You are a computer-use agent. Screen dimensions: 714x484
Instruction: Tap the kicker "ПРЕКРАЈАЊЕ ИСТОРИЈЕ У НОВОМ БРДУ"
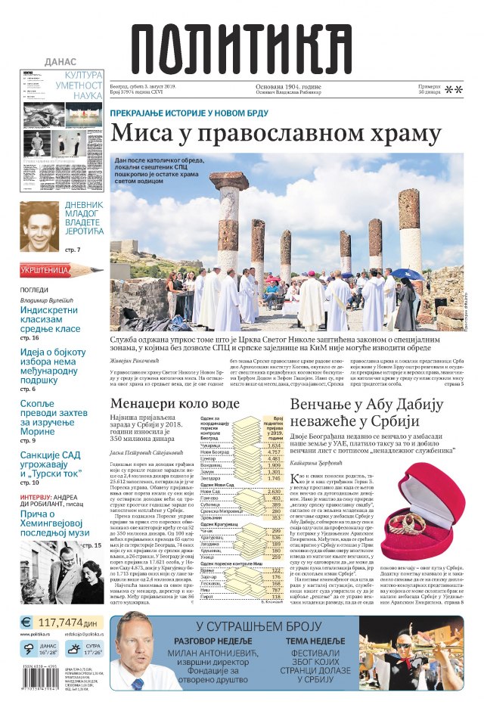pyautogui.click(x=201, y=112)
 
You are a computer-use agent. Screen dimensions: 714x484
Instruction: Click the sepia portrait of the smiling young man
pyautogui.click(x=39, y=227)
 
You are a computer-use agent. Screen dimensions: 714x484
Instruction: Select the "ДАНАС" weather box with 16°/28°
pyautogui.click(x=39, y=648)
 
